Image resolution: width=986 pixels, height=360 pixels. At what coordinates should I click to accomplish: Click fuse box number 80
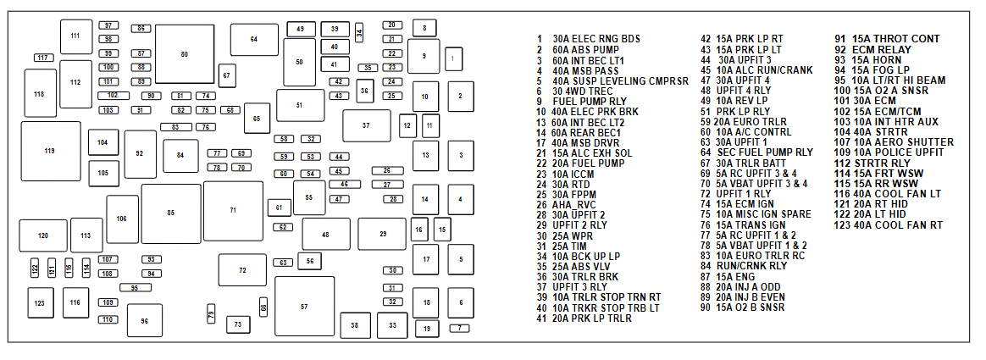point(184,54)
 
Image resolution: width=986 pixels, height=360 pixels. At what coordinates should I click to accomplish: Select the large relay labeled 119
point(50,151)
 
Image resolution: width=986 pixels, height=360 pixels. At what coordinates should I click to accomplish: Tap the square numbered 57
point(304,306)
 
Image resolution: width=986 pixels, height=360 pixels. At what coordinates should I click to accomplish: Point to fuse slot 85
point(171,213)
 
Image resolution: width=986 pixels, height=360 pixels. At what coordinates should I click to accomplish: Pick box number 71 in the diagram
point(233,210)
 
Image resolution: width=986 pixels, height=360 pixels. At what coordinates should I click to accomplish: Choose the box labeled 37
point(366,125)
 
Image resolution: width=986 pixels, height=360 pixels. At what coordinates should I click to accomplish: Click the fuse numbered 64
point(253,39)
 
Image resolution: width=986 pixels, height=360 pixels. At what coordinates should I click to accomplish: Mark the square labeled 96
point(145,321)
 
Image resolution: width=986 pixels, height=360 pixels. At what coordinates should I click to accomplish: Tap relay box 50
point(299,63)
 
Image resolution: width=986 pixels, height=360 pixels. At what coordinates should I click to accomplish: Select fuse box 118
point(40,93)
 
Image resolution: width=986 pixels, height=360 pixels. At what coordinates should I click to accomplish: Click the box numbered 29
point(382,234)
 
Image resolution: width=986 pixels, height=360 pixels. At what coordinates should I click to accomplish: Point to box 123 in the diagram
point(39,302)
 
